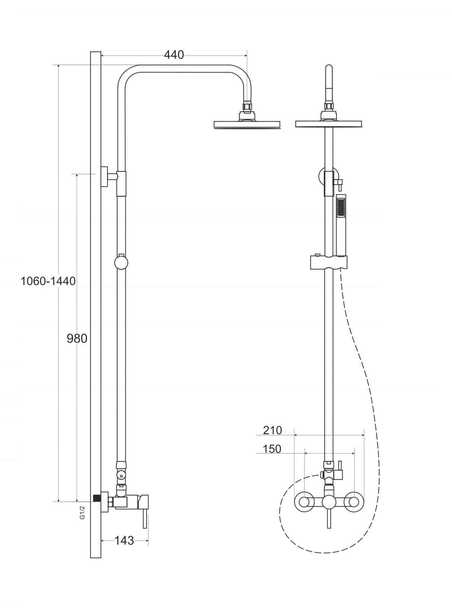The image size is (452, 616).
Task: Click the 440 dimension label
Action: click(x=174, y=55)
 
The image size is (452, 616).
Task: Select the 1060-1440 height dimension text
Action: click(x=48, y=281)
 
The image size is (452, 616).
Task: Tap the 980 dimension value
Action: click(x=77, y=338)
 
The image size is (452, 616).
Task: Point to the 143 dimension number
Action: click(x=124, y=540)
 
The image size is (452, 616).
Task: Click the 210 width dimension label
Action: click(x=273, y=430)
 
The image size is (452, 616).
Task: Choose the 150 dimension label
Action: click(x=272, y=449)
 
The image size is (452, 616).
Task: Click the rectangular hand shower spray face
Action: click(x=341, y=208)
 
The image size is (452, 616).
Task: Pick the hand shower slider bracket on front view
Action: click(x=329, y=263)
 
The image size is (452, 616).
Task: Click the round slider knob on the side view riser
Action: click(x=121, y=262)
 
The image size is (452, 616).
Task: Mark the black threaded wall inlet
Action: click(x=97, y=498)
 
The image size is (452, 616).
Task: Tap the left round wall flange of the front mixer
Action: click(x=303, y=501)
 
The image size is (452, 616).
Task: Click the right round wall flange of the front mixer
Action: click(x=354, y=501)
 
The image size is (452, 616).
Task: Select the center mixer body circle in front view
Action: click(x=329, y=502)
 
